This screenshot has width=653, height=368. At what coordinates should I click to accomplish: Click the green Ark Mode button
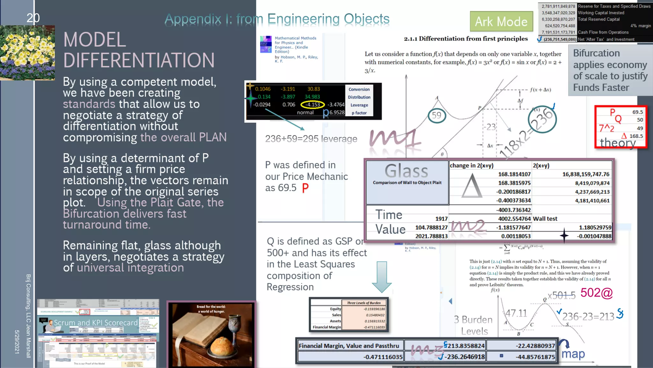[x=501, y=21]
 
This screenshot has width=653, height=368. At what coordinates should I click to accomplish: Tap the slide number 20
[x=33, y=18]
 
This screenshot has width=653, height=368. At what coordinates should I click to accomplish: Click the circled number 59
[x=437, y=115]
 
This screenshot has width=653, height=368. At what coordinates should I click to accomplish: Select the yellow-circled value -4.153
[x=312, y=104]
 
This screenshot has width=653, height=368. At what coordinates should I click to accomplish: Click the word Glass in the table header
[x=407, y=171]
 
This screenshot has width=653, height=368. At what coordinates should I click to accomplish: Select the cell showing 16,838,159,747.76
[x=586, y=174]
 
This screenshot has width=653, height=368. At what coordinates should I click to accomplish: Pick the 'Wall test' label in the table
[x=545, y=219]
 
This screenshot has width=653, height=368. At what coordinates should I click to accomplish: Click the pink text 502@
[x=597, y=293]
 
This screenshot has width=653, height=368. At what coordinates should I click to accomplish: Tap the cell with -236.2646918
[x=465, y=357]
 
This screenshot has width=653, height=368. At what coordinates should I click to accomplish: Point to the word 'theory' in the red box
[x=618, y=142]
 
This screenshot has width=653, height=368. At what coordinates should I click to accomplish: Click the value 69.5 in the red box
[x=638, y=112]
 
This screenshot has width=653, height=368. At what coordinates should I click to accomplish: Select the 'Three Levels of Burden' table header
[x=364, y=303]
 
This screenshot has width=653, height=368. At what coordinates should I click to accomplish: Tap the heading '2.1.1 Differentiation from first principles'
[x=466, y=39]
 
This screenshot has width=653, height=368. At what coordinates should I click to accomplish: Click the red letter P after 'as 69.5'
[x=305, y=188]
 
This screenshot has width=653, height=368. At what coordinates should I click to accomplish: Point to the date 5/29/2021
[x=17, y=341]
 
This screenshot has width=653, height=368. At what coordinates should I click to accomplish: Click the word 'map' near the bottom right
[x=573, y=354]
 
